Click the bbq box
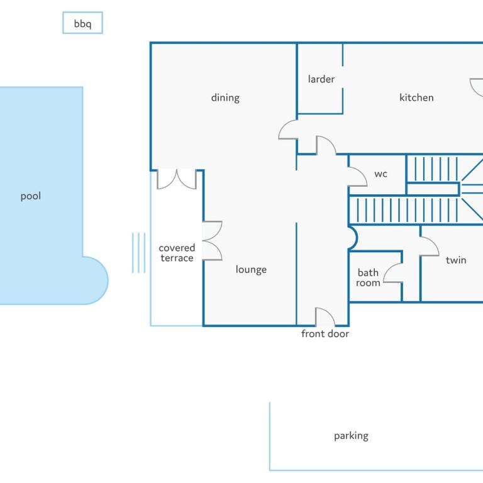click(82, 23)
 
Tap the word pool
click(30, 196)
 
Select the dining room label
click(225, 97)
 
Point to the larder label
click(321, 79)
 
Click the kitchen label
click(416, 97)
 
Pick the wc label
click(380, 174)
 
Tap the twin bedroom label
click(456, 260)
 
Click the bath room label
click(368, 277)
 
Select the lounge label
click(251, 270)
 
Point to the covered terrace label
click(177, 253)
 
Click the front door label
click(325, 333)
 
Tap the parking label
click(351, 436)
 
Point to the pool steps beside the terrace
click(138, 253)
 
